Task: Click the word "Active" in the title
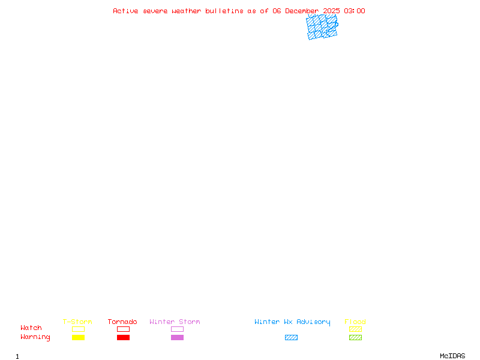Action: (x=125, y=11)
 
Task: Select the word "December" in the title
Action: (x=302, y=11)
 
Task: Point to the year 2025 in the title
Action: (x=331, y=11)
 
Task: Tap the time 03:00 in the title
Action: (x=355, y=11)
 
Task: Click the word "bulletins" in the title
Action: (x=224, y=11)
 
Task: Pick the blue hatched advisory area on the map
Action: (x=322, y=27)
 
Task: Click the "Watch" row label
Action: (x=31, y=328)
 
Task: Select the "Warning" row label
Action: (x=35, y=337)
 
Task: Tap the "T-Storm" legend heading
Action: (x=77, y=322)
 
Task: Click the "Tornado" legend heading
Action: (x=122, y=322)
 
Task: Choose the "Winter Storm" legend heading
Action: (x=175, y=322)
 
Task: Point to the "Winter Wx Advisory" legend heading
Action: (x=292, y=322)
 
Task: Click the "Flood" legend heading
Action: (x=355, y=322)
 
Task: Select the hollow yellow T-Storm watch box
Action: (x=79, y=326)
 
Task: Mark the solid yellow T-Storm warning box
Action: (x=79, y=337)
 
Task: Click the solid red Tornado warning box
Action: (x=124, y=337)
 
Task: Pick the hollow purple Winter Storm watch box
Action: (x=177, y=326)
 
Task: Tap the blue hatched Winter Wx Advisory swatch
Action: (x=291, y=337)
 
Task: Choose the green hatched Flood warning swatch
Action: (x=355, y=337)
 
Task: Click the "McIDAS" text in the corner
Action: (x=452, y=356)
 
